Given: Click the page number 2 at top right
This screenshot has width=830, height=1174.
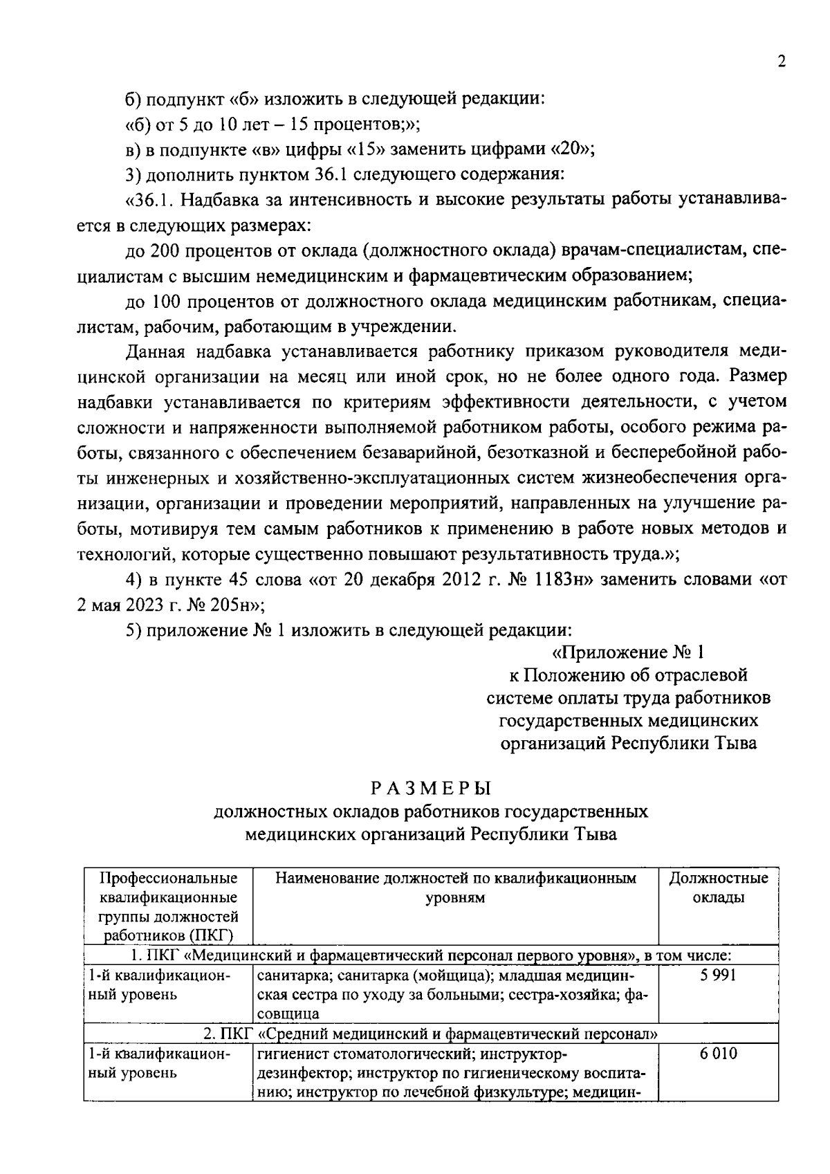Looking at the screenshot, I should click(x=782, y=62).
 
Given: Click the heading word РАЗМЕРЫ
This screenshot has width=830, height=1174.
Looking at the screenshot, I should click(x=430, y=788).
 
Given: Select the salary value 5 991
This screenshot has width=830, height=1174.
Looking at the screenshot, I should click(x=718, y=975).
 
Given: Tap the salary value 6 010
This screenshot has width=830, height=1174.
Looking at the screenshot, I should click(x=718, y=1054).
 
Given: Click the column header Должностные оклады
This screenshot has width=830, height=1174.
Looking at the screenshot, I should click(x=718, y=888).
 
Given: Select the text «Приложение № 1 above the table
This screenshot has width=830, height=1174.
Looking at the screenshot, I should click(x=628, y=652).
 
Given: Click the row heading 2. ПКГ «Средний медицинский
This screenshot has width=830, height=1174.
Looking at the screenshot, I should click(x=430, y=1035).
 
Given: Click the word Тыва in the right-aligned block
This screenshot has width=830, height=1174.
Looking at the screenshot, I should click(x=734, y=744).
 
